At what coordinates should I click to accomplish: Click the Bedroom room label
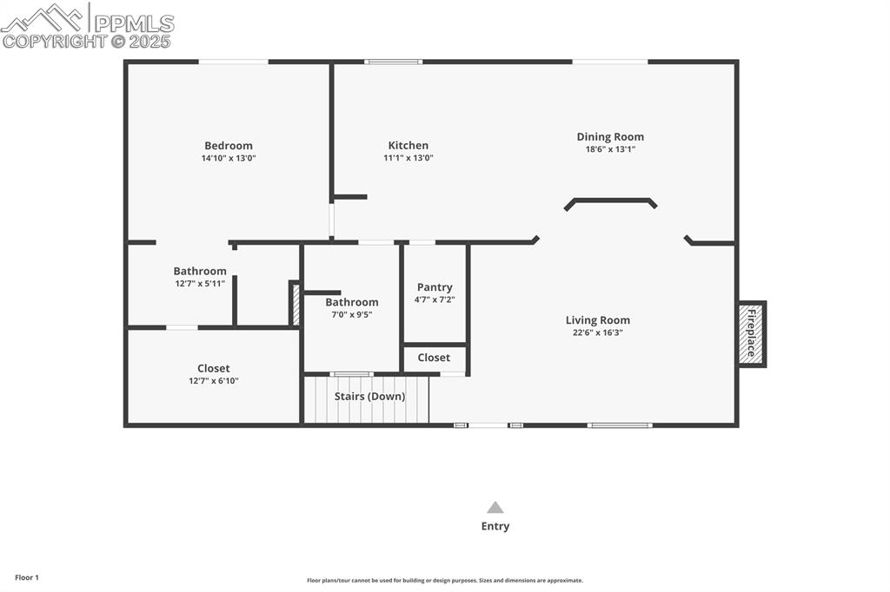tap(229, 146)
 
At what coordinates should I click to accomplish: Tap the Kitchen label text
tap(408, 146)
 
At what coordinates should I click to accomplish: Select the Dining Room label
tap(610, 137)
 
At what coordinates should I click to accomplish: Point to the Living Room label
tap(598, 320)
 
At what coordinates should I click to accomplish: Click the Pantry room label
tap(435, 287)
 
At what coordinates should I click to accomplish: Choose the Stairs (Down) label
tap(370, 397)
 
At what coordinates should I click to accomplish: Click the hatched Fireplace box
tap(751, 334)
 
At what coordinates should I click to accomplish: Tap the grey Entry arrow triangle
tap(495, 508)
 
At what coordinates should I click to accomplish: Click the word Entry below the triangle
tap(495, 526)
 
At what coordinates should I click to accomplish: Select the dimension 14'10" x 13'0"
tap(229, 159)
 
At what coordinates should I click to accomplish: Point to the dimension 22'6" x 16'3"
tap(598, 332)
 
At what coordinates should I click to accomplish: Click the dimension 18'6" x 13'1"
tap(610, 149)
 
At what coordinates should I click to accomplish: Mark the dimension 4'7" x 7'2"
tap(435, 299)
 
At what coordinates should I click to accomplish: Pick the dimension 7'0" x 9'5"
tap(352, 314)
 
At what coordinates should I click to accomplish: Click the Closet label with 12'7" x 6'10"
tap(213, 369)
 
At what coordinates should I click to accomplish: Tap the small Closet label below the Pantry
tap(434, 358)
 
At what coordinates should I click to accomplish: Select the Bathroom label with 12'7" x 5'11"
tap(200, 272)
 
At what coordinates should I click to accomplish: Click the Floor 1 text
tap(27, 577)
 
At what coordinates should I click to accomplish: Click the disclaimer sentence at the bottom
tap(444, 581)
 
